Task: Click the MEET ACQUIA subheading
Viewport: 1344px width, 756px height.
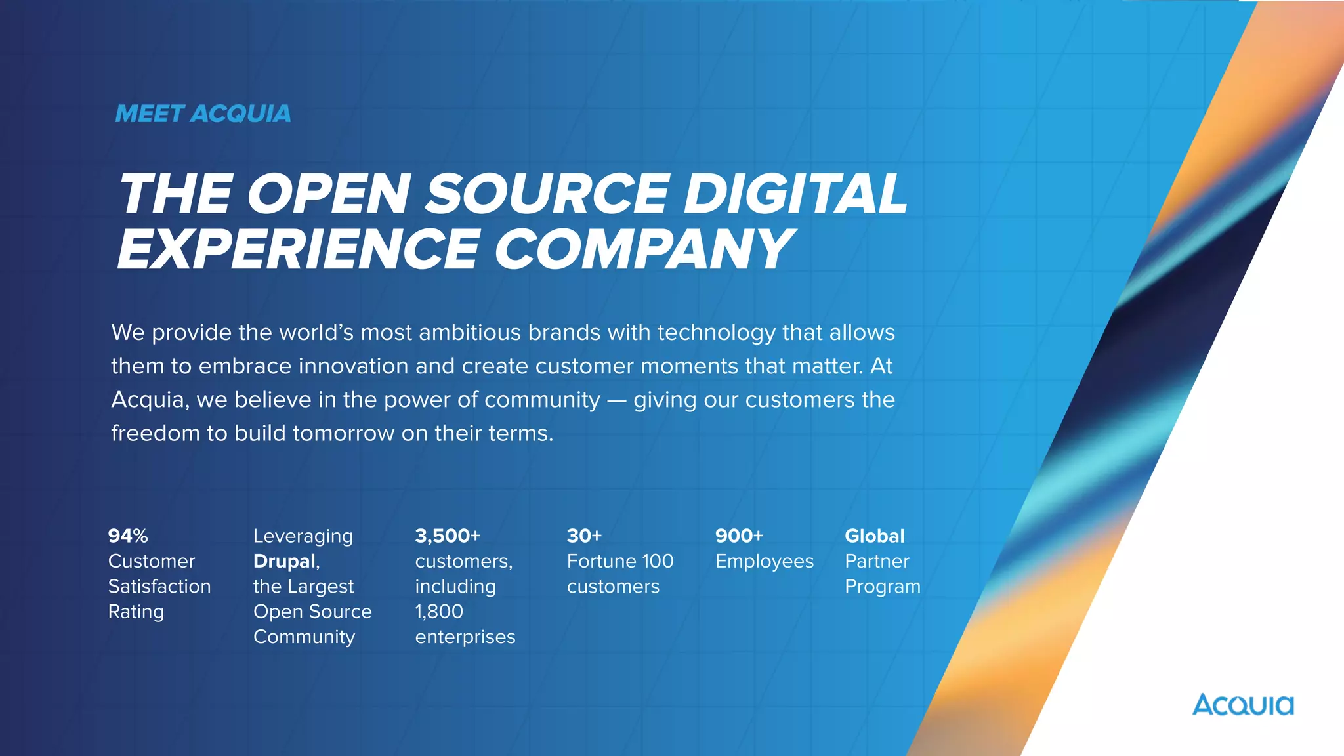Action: [203, 114]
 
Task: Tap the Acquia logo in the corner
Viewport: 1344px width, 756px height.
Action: [1243, 705]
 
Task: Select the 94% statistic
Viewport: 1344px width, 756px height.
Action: [128, 536]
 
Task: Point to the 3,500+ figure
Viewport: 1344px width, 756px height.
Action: [448, 536]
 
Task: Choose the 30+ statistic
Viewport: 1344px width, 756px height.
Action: [584, 536]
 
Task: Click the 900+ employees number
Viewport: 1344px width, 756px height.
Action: [739, 536]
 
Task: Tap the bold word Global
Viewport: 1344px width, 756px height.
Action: [874, 536]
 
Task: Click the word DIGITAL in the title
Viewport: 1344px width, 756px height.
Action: [795, 194]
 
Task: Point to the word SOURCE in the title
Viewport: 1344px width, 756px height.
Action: [547, 194]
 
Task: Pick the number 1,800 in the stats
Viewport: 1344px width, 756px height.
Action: [439, 612]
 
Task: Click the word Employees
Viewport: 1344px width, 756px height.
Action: [764, 561]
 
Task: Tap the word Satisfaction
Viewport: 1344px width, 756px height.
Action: [159, 586]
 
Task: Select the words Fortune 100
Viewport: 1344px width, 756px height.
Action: [620, 561]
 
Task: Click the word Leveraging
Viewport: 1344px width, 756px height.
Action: [303, 536]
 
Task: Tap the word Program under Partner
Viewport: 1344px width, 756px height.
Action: [883, 586]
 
